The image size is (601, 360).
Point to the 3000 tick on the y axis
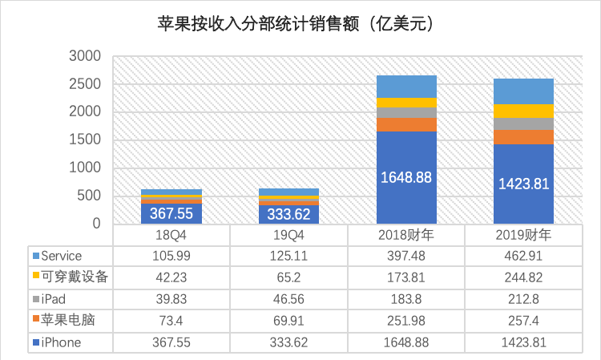point(84,56)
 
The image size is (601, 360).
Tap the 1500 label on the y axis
point(84,140)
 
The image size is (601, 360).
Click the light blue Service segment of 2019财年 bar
point(523,91)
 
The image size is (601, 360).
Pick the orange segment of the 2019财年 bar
point(523,137)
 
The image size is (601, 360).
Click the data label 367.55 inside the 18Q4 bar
point(171,214)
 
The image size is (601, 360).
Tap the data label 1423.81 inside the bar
point(523,184)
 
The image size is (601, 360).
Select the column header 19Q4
point(288,235)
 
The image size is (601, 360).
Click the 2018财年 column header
point(406,235)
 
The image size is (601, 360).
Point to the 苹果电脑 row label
point(67,321)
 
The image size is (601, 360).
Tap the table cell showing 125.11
point(288,256)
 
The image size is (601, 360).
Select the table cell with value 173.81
point(406,277)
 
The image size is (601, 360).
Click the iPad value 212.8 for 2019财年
point(523,299)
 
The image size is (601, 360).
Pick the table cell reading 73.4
point(171,321)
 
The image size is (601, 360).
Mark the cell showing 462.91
point(523,256)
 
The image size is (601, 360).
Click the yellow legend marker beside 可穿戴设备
point(35,277)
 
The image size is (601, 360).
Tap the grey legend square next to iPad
point(35,299)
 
